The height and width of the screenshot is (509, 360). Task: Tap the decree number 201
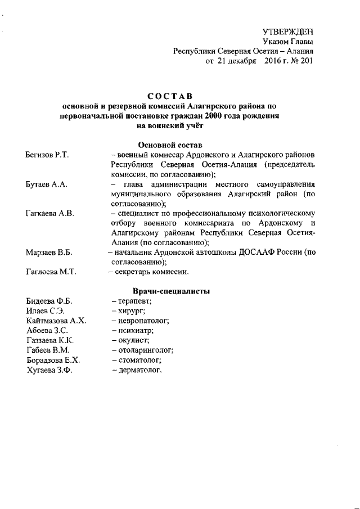(x=305, y=61)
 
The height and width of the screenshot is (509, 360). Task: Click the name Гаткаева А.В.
(x=49, y=214)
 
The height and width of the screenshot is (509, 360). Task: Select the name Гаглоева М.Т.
(x=51, y=272)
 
